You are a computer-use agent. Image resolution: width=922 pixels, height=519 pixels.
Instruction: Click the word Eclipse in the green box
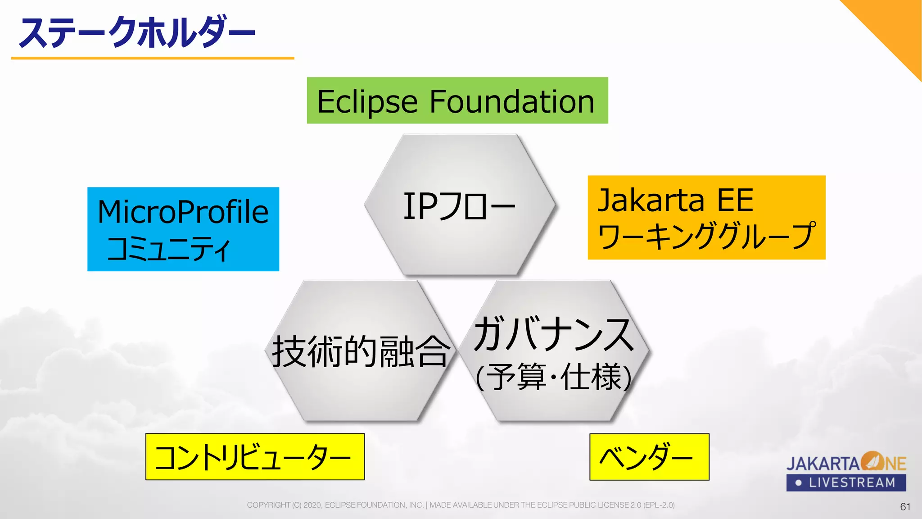point(367,102)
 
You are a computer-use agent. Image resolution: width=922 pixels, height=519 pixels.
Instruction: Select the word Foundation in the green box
point(512,102)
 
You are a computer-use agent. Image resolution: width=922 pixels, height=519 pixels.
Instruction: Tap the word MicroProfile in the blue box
point(183,212)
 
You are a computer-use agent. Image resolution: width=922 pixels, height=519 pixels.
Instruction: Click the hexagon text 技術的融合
point(361,351)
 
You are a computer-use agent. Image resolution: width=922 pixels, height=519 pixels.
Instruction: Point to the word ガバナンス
point(554,334)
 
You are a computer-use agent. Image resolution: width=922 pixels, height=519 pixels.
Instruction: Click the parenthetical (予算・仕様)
point(554,377)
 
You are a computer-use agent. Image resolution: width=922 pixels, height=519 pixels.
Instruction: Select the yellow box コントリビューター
point(255,457)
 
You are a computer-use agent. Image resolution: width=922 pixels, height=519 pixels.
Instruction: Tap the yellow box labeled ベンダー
point(649,457)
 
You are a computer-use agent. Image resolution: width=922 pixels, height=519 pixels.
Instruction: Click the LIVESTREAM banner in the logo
point(846,483)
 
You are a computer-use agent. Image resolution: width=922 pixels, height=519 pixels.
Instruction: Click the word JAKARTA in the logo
point(823,464)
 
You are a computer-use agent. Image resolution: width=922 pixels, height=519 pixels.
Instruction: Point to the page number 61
point(905,506)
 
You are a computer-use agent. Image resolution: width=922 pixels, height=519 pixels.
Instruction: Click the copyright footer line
point(461,505)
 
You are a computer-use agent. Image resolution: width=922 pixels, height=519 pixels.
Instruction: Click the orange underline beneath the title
point(152,58)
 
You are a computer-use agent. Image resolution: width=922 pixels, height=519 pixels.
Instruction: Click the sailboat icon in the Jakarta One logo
point(872,461)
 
